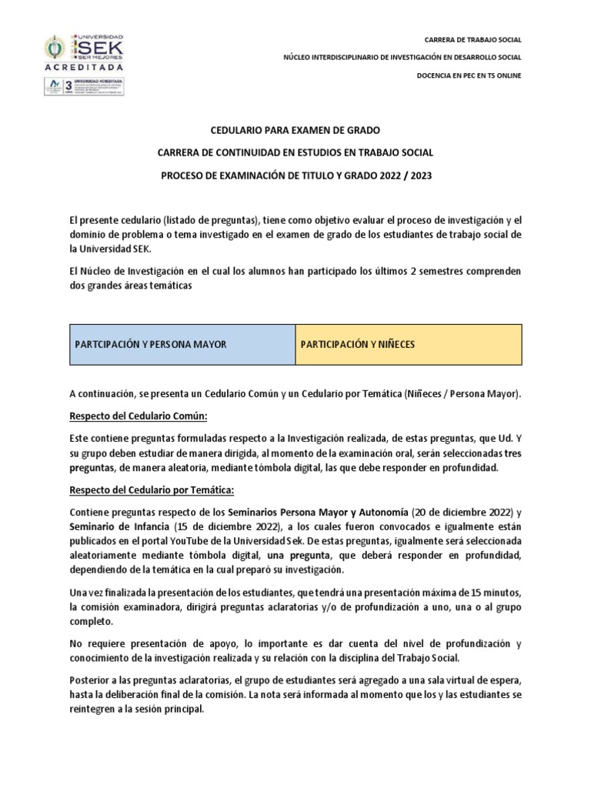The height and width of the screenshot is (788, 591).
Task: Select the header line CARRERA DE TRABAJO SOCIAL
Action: [x=472, y=39]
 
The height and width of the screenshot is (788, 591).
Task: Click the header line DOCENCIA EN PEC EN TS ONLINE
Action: [x=469, y=75]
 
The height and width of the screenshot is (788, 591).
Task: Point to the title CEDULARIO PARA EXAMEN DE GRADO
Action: [x=295, y=132]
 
